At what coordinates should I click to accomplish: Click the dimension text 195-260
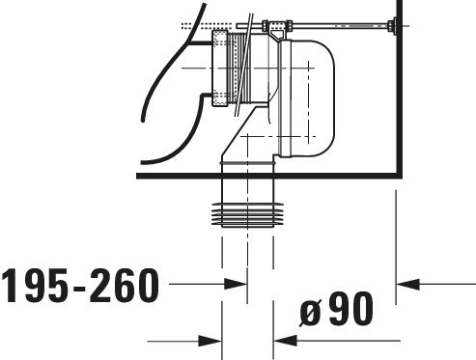coord(80,286)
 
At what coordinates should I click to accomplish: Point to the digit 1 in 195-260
coord(12,286)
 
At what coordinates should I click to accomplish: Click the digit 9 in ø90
coord(338,309)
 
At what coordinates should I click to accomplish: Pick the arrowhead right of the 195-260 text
coord(236,284)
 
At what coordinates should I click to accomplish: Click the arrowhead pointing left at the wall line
coord(407,284)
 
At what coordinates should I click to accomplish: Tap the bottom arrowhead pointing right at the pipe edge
coord(210,341)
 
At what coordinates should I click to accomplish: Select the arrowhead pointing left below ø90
coord(285,341)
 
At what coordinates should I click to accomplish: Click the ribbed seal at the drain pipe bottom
coord(247,215)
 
